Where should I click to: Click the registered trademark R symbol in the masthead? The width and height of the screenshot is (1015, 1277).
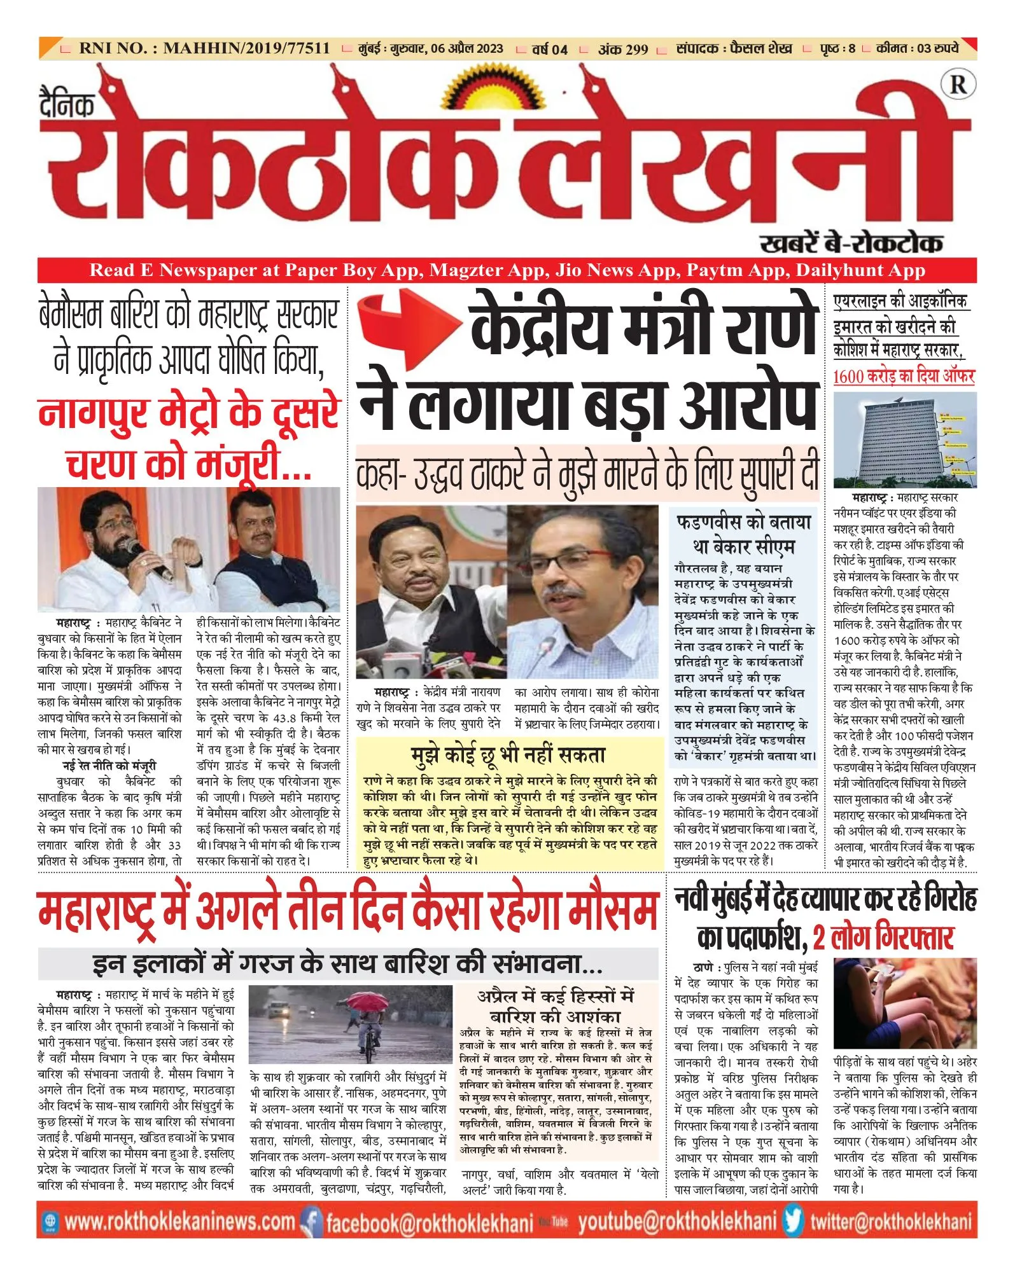958,85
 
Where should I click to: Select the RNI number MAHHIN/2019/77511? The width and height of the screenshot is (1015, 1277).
246,48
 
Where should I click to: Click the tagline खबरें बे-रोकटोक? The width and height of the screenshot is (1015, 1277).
851,243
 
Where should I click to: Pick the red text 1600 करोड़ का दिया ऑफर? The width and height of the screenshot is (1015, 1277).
904,376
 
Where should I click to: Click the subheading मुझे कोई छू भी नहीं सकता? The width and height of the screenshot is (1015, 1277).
508,755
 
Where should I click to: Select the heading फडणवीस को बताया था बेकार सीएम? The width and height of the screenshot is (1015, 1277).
743,534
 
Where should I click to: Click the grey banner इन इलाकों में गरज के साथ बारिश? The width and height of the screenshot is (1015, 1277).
347,964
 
